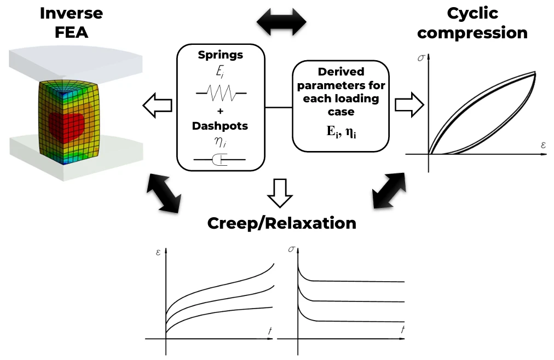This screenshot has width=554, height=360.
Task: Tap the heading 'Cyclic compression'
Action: pos(472,22)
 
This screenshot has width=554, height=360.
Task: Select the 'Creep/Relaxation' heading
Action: pos(281,223)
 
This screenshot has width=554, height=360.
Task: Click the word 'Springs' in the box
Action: pos(221,55)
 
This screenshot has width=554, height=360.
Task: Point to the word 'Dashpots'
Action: pos(220,126)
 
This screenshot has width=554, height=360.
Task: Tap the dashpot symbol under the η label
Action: pos(220,160)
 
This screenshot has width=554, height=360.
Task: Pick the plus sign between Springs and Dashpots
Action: pos(220,112)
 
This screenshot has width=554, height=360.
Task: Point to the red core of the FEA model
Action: pos(67,123)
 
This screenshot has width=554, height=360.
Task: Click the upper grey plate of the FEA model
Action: pos(77,60)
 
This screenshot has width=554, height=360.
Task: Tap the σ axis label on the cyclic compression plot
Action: pos(420,57)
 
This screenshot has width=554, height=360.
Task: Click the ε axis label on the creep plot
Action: pos(158,253)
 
